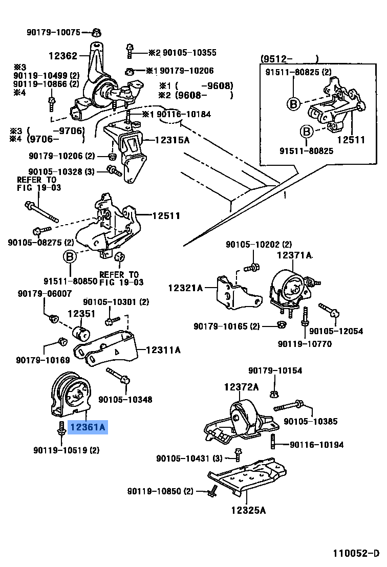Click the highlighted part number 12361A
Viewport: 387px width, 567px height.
(88, 426)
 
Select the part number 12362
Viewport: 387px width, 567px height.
(63, 56)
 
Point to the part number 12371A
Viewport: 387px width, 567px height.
(295, 255)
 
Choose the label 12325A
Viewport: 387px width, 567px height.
(248, 510)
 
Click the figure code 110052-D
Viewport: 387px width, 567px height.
(357, 553)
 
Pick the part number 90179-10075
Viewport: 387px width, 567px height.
(54, 32)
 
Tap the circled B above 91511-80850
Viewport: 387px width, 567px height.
(70, 257)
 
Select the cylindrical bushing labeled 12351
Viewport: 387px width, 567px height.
(82, 332)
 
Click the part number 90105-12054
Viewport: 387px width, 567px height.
(336, 332)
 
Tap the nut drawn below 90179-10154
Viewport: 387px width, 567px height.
(273, 394)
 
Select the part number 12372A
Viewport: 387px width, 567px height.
(241, 387)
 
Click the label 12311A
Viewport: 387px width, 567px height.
(163, 351)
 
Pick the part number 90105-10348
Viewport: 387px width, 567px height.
(125, 399)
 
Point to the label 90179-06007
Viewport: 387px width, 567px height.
(45, 293)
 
